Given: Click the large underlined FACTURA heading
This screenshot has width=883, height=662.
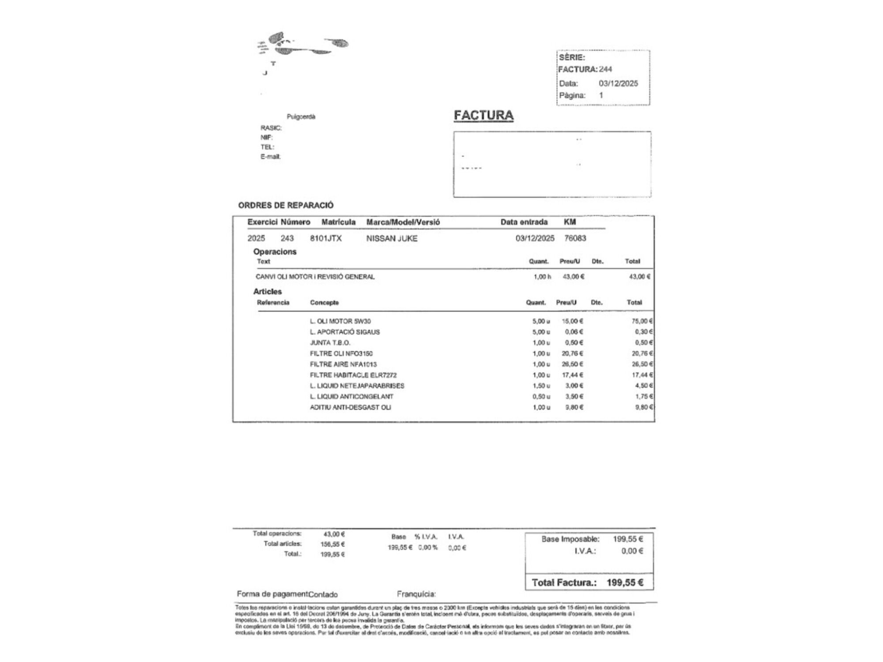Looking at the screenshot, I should pos(483,115).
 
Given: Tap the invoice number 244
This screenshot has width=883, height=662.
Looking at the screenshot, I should pos(605,69).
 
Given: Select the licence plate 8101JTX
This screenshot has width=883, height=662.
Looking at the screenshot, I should pos(326,238).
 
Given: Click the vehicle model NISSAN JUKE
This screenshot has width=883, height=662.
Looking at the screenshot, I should pos(392,238).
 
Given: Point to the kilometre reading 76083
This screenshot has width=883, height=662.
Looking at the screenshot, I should pos(575,238).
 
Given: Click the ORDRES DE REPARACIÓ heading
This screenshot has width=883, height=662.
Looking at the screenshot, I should pos(286,205).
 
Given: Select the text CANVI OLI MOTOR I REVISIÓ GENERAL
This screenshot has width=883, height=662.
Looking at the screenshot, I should pos(315,277).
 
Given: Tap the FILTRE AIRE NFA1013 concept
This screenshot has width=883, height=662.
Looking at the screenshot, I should pos(343,364).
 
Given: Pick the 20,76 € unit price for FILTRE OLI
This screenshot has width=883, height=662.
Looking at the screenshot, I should pos(572,354).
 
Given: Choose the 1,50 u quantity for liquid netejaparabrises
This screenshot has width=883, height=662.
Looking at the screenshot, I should pos(541,386).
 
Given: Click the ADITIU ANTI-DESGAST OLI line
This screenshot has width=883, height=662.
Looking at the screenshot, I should pos(350,407).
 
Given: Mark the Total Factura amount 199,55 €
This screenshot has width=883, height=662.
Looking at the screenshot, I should pos(625,583).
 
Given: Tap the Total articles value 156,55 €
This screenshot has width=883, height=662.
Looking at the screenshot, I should pos(332,544).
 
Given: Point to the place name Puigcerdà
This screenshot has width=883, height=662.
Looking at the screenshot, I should pos(301,117).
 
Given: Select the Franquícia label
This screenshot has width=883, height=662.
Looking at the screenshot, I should pos(416,594).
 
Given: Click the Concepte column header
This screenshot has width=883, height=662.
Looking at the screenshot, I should pos(324,302).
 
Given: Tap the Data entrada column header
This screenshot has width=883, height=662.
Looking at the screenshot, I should pos(524,222).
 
